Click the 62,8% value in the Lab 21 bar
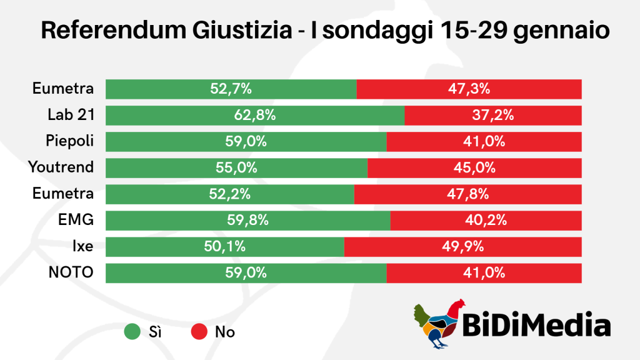point(255,115)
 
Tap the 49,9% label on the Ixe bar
point(463,246)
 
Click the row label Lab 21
point(71,115)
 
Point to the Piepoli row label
point(71,141)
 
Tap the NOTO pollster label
point(71,272)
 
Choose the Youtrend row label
point(61,167)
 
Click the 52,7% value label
point(231,89)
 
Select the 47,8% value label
point(467,194)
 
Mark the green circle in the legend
point(132,332)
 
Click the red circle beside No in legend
point(198,332)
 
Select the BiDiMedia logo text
point(536,326)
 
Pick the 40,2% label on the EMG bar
point(486,220)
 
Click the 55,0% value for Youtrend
point(236,167)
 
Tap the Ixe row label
point(82,246)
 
